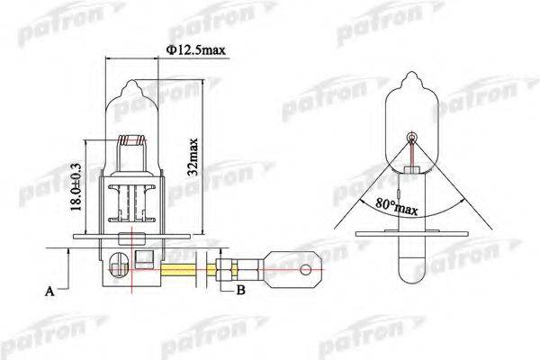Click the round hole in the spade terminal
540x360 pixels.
[x=307, y=267]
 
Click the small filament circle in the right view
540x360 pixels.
[x=412, y=138]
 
